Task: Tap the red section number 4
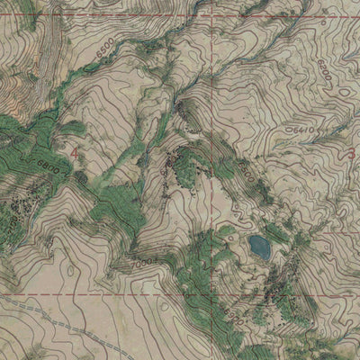tap(74, 156)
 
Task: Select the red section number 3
tap(349, 154)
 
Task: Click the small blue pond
tap(259, 245)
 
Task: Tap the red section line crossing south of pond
tap(261, 292)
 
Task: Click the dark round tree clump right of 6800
tap(82, 177)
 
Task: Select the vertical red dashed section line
tap(209, 108)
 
